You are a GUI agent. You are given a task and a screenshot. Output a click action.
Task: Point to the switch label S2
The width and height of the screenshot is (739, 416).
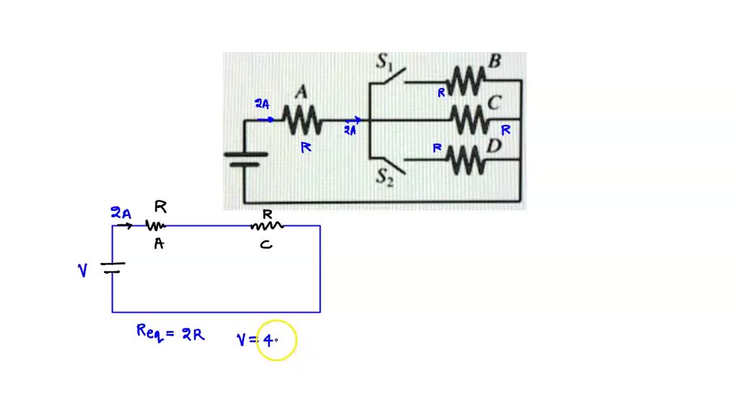pos(384,177)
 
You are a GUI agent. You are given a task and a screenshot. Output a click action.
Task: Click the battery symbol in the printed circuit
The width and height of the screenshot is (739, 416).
pos(245,159)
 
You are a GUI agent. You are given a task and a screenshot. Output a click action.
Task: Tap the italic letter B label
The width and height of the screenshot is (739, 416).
pos(494,61)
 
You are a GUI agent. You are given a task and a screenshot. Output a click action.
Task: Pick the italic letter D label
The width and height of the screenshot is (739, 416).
pos(494,146)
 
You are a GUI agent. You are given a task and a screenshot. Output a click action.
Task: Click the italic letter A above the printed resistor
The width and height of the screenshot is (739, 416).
pos(302,92)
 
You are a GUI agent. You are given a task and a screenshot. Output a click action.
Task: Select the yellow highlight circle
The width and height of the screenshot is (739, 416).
pos(275,341)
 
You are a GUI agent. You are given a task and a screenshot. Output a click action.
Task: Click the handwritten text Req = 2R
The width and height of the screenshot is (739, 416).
pos(170,333)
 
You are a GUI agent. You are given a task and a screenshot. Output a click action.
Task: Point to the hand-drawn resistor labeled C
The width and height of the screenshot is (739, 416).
pos(266,226)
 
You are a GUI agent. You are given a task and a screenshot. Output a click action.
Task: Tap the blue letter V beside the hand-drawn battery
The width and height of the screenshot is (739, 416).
pos(83,270)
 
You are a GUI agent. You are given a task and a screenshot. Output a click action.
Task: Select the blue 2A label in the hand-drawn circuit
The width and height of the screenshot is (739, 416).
pos(121,212)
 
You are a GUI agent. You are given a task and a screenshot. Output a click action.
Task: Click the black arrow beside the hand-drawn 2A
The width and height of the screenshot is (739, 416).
pos(125,226)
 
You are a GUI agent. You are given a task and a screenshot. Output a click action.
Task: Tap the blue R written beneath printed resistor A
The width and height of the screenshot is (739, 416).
pos(305,147)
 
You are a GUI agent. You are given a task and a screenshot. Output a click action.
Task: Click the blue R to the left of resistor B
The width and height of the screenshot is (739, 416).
pos(440,92)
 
